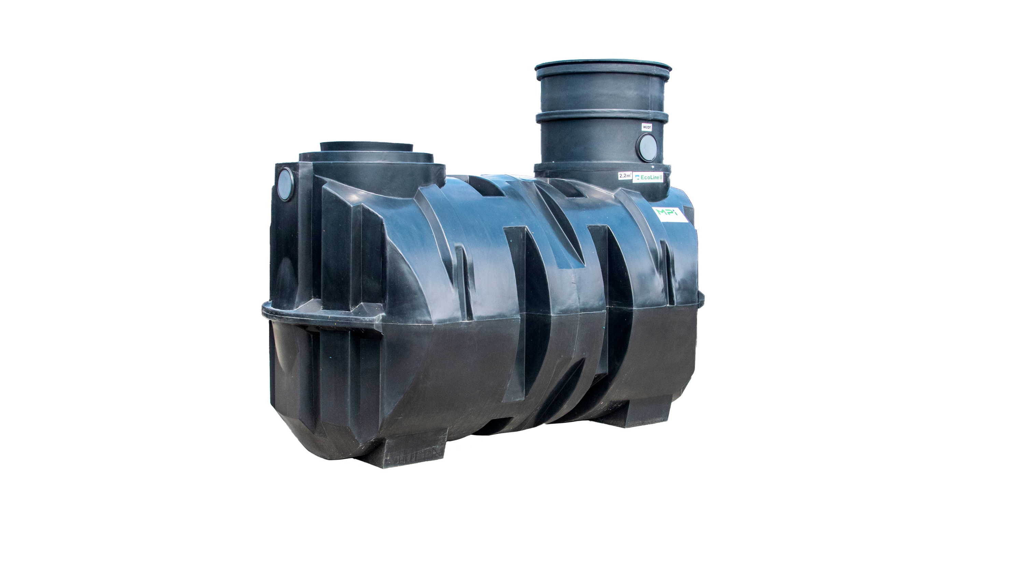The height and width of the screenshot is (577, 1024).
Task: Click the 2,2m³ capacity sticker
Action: (x=624, y=175)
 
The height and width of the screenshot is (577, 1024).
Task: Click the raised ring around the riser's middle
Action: (x=600, y=116)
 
